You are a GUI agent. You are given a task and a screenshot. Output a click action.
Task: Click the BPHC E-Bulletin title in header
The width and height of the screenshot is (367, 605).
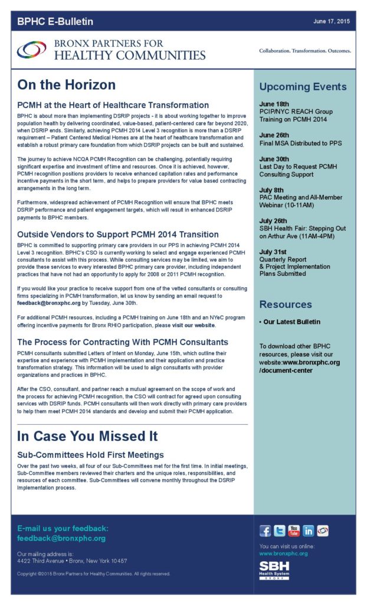pos(55,22)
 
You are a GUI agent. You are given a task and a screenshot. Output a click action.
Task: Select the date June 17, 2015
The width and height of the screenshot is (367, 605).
pos(332,21)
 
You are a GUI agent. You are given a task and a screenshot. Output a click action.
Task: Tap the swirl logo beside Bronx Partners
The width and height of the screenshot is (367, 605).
pos(32,50)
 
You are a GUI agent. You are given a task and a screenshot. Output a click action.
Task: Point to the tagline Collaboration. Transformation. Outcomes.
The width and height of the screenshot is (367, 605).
pos(305,51)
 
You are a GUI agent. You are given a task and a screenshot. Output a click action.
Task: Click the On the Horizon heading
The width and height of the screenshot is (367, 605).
pos(66,85)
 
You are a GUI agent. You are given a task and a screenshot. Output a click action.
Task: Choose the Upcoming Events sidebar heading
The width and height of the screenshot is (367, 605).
pos(303,87)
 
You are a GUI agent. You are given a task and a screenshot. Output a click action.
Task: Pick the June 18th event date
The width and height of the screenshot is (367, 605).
pos(274,104)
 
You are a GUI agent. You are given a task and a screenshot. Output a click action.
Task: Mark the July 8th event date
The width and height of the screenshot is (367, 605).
pos(271,190)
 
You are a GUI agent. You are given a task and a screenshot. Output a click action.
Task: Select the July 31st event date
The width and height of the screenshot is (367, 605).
pos(274,252)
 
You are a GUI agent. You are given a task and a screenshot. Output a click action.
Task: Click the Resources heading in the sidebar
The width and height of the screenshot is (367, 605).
pos(286,304)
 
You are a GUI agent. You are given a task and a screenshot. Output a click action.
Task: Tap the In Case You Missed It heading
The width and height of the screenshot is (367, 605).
pos(87,437)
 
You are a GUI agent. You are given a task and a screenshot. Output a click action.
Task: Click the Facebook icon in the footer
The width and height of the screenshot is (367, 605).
pos(266,531)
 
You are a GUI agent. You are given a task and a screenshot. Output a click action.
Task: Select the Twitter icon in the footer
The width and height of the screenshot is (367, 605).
pos(280,531)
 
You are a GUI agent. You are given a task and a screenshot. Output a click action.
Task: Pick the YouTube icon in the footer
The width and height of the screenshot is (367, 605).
pos(294,531)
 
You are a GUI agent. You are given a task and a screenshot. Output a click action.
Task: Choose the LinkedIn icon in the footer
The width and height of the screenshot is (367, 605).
pos(308,531)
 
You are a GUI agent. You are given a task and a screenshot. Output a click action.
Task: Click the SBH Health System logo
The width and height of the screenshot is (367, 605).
pos(274,570)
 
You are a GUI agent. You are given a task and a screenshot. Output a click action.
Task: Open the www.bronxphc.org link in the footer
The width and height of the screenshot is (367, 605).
pos(283,554)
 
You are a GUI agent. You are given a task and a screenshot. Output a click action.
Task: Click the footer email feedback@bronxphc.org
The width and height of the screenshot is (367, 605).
pos(61,538)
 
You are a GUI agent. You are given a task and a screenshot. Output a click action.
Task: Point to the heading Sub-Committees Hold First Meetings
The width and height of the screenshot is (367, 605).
pos(90,455)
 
